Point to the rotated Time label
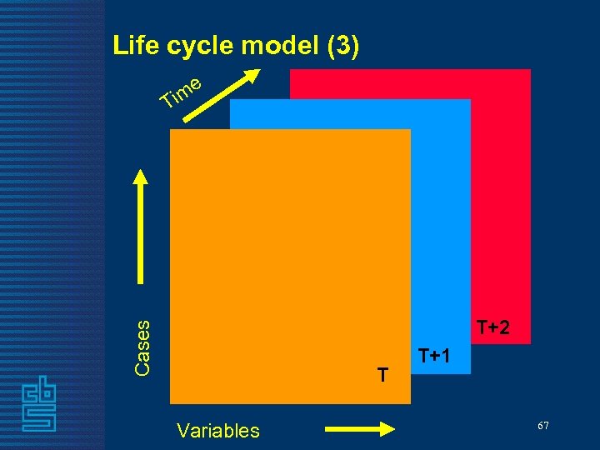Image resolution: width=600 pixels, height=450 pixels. click(x=182, y=92)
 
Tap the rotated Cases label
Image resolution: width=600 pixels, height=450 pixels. click(x=142, y=347)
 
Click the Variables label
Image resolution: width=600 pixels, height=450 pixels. click(x=218, y=431)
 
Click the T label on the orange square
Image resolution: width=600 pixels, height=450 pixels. click(x=382, y=376)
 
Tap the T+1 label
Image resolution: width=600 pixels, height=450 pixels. click(x=434, y=356)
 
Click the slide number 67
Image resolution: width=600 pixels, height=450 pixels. click(x=542, y=426)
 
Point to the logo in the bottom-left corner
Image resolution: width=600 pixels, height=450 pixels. click(x=38, y=403)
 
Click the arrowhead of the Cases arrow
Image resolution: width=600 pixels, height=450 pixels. click(x=142, y=179)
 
